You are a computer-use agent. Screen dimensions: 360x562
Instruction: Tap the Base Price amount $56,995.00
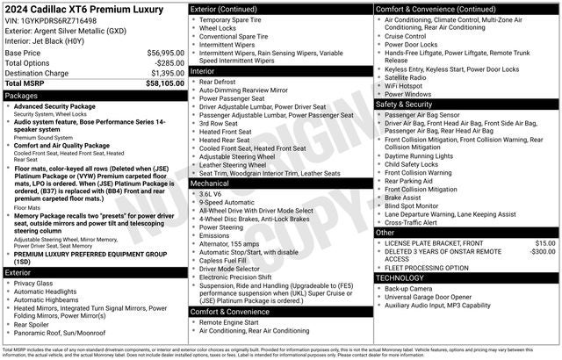[165, 53]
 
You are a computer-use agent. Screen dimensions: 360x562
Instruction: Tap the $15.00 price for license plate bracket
[544, 242]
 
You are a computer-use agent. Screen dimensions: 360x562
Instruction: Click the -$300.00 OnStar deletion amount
[541, 251]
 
